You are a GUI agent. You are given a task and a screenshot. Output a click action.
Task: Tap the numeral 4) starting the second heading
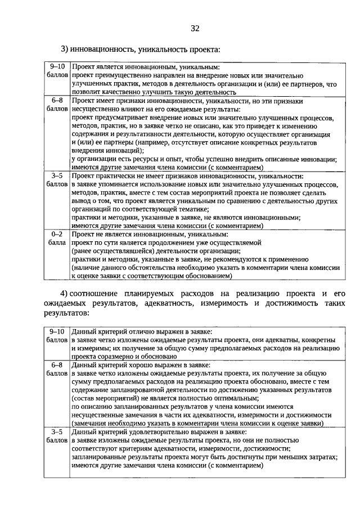(x=64, y=294)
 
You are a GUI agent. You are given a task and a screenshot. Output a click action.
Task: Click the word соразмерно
(x=116, y=356)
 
